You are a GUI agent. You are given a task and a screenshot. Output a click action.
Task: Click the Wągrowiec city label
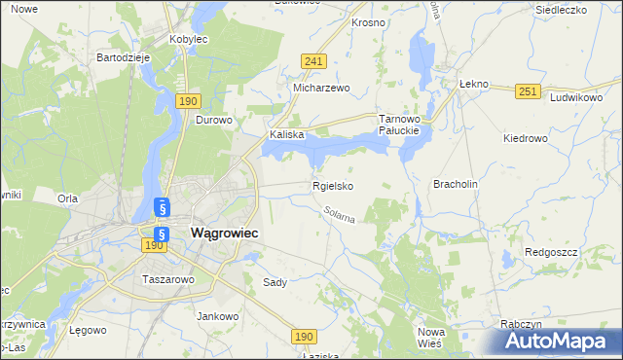[225, 234]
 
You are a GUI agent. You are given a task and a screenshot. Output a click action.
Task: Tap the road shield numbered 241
[312, 60]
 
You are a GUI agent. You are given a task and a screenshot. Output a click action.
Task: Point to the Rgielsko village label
[333, 185]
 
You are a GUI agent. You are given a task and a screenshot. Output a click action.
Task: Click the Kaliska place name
[287, 135]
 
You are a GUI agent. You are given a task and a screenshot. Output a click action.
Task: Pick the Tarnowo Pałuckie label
[398, 124]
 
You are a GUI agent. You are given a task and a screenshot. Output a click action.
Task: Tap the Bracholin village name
[456, 183]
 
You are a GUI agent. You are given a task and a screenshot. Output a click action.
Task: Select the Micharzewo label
[321, 88]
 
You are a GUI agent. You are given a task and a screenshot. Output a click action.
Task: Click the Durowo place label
[214, 121]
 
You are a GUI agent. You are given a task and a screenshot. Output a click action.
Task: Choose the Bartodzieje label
[123, 57]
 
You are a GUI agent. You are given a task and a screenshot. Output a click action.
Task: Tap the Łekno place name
[472, 84]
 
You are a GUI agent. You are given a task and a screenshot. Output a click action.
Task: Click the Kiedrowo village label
[526, 138]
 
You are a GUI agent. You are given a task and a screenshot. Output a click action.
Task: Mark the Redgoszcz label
[551, 251]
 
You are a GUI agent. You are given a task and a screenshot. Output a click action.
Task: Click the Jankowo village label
[218, 316]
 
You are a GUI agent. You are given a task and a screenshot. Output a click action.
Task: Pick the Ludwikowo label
[577, 98]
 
